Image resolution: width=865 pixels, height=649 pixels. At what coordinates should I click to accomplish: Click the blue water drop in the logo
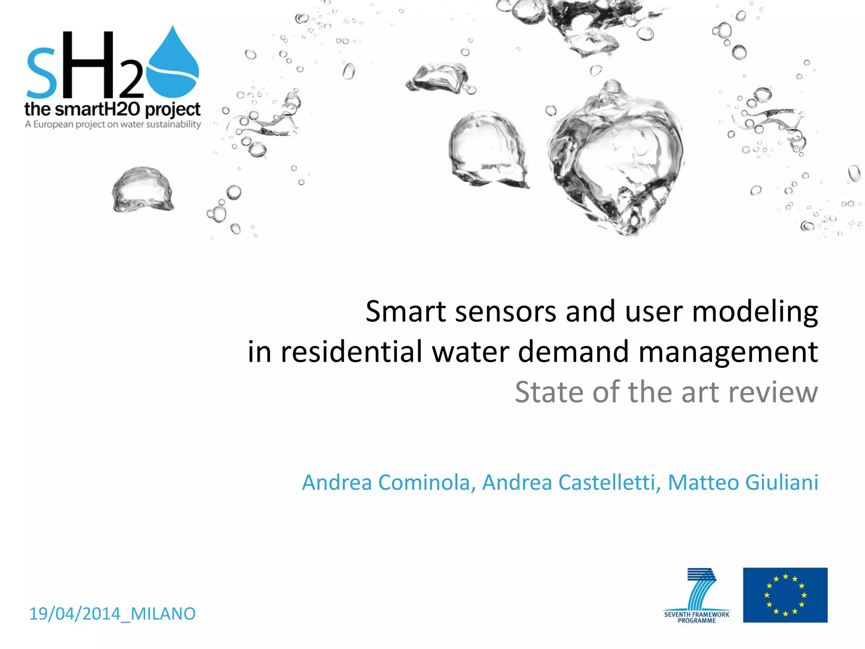(173, 63)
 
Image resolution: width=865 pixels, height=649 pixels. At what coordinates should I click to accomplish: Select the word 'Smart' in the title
(405, 312)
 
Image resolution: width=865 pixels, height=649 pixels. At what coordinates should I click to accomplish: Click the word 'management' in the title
(728, 352)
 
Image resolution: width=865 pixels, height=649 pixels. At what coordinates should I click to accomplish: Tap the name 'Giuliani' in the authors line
(781, 483)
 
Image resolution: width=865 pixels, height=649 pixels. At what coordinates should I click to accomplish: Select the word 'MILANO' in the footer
(163, 614)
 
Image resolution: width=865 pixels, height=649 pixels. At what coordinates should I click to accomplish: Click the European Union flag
(785, 595)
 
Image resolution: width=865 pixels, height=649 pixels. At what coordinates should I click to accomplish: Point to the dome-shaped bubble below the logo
(142, 190)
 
